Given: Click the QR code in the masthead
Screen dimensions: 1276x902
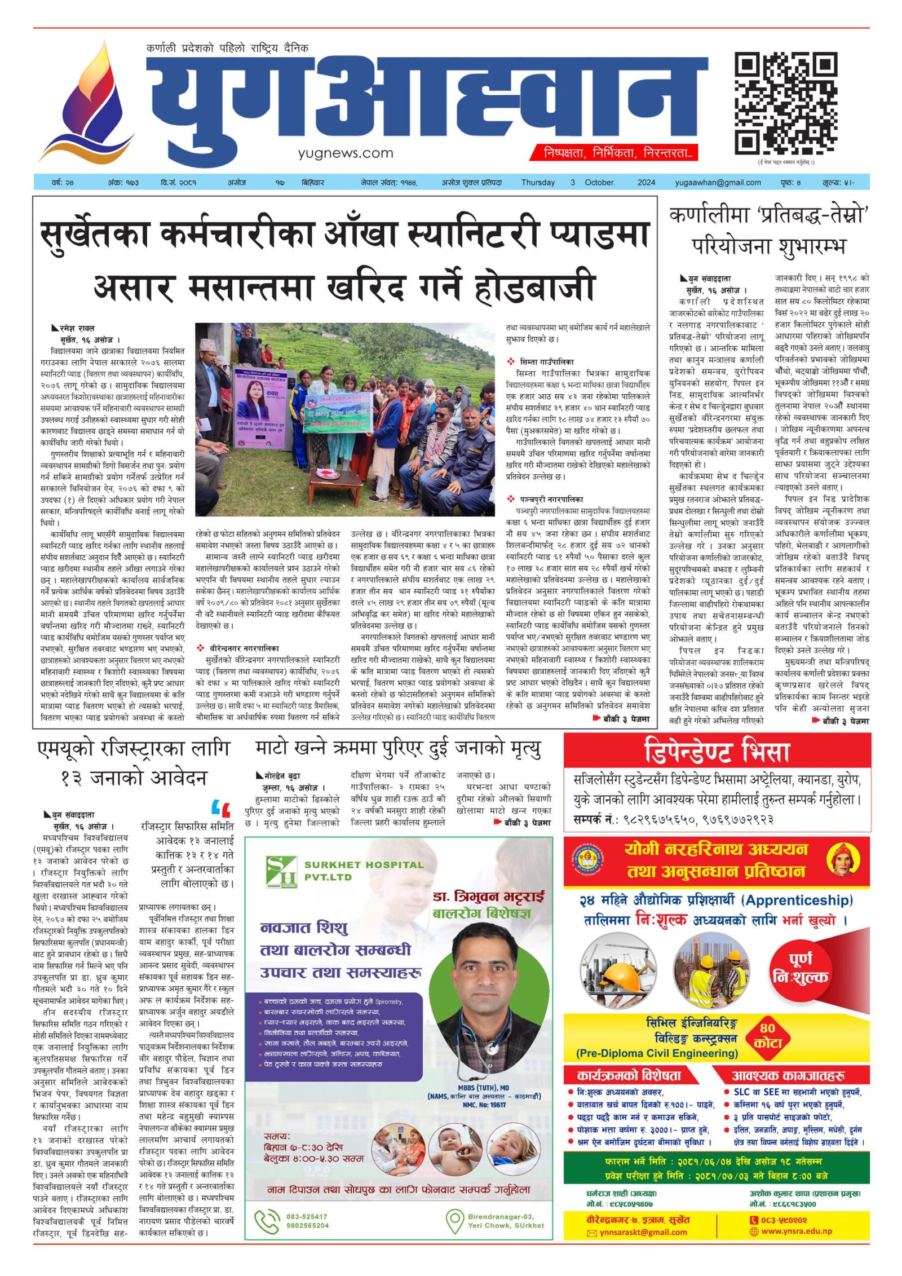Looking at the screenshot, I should (x=785, y=103).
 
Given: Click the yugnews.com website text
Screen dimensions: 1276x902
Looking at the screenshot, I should (x=346, y=153).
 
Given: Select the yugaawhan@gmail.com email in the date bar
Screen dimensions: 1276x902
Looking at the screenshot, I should (x=718, y=183).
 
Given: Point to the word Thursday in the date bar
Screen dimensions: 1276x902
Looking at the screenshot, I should (x=537, y=183).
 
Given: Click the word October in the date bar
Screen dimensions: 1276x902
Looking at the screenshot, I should (x=600, y=183).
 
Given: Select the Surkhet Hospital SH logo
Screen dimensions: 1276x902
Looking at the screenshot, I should (x=281, y=871).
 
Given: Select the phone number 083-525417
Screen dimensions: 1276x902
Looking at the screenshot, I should (x=307, y=1216).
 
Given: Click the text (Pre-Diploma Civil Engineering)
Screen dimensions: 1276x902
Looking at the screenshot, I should (x=657, y=1053).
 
